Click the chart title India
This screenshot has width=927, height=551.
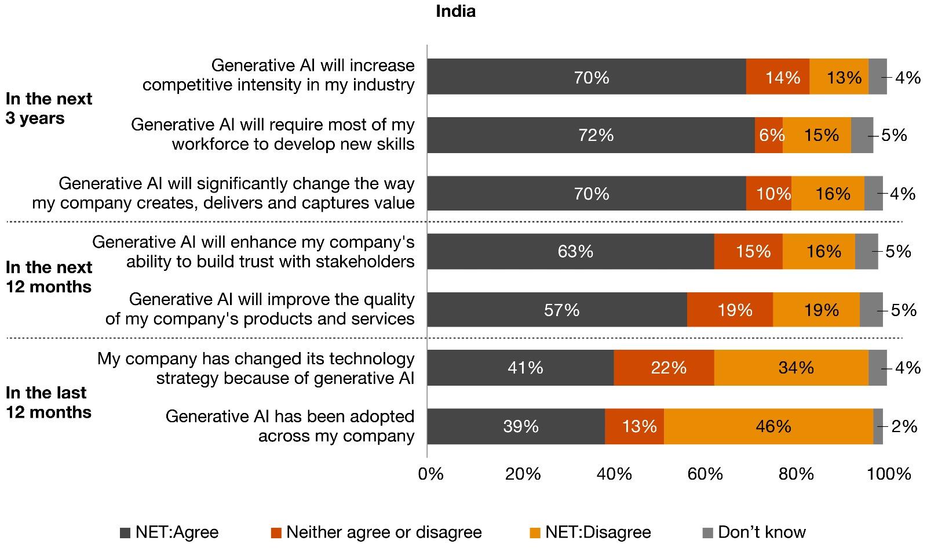[x=455, y=12]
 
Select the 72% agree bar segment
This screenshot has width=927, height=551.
[x=591, y=135]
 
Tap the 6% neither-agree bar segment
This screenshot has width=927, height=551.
[x=769, y=135]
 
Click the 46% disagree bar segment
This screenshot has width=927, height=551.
[x=768, y=427]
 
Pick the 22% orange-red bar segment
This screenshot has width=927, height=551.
[x=664, y=368]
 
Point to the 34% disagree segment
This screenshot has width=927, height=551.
[x=791, y=368]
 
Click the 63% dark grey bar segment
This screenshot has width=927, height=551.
[x=571, y=251]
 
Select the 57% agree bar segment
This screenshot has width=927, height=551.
[x=557, y=310]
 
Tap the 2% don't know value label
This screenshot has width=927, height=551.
[x=904, y=427]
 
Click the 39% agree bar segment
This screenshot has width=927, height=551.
[x=516, y=427]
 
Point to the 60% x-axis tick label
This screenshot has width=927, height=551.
[x=705, y=474]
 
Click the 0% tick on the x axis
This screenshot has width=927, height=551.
[x=430, y=474]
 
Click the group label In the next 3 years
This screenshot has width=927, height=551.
[x=49, y=108]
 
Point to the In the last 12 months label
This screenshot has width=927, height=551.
[x=49, y=403]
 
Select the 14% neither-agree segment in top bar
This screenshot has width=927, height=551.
[x=778, y=77]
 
